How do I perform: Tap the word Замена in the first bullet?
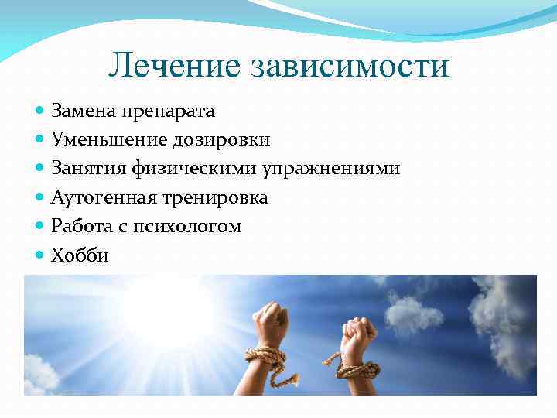point(84,111)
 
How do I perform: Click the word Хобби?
point(80,255)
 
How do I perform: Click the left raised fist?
point(272,321)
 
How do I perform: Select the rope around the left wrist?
point(265,356)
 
